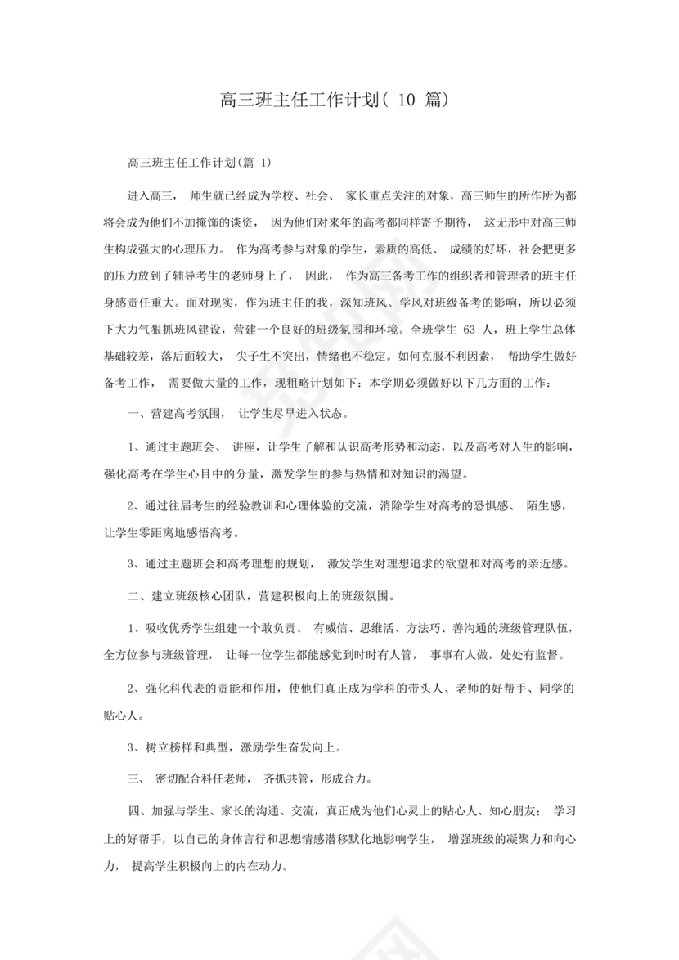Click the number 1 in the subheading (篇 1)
[x=266, y=163]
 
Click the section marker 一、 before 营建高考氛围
[x=137, y=415]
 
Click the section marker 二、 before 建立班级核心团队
[x=137, y=596]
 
